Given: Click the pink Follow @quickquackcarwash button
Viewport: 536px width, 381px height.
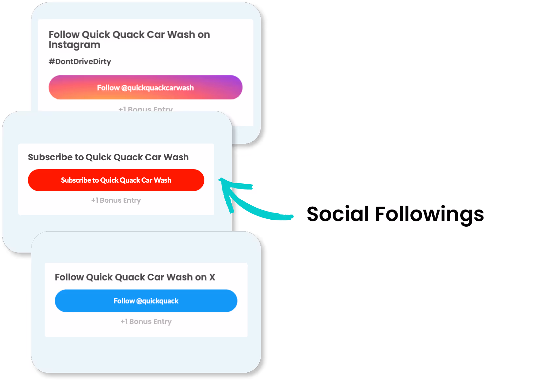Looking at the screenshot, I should click(x=145, y=87).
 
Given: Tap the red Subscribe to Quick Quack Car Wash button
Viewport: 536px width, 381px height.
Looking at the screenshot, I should click(x=116, y=180).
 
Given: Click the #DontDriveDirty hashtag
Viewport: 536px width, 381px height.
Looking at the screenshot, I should click(x=80, y=61).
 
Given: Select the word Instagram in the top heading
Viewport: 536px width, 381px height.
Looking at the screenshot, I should click(x=74, y=45).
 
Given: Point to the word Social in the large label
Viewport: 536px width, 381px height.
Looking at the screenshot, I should click(x=338, y=214).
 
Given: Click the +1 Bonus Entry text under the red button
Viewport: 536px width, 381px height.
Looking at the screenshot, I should click(x=116, y=200).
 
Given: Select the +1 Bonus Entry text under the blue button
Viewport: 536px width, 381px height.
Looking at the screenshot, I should click(x=146, y=322).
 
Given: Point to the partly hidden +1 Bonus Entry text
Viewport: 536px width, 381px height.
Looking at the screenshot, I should click(x=145, y=109).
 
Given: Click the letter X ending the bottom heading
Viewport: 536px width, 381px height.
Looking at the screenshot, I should click(x=212, y=277).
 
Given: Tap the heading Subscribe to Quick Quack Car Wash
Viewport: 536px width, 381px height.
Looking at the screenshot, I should click(x=108, y=157).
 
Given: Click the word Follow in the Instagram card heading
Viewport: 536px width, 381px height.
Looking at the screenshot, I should click(x=64, y=34).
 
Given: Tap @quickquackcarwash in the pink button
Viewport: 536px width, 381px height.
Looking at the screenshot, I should click(x=157, y=88).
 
